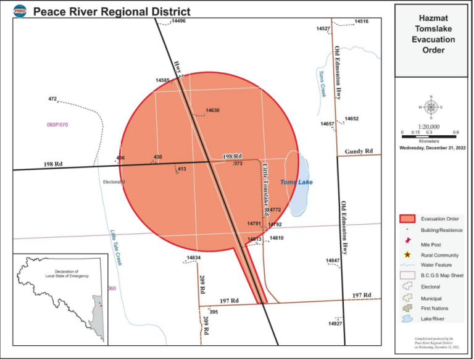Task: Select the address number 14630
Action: (x=212, y=110)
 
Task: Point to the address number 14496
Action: (x=178, y=20)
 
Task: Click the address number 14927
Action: (x=335, y=323)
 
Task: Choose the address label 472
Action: (x=52, y=99)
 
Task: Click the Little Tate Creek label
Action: (x=117, y=247)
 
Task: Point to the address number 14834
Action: (x=194, y=257)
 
